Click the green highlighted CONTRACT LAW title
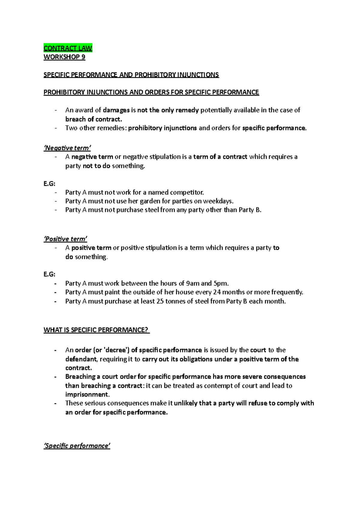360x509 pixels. tap(68, 48)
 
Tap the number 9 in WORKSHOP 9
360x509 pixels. tap(83, 57)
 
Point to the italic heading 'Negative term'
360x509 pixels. tap(67, 148)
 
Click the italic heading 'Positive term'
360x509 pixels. tap(65, 239)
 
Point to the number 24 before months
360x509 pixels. tap(217, 292)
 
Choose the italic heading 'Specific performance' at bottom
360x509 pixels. tap(77, 446)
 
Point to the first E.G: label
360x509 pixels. tap(49, 184)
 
